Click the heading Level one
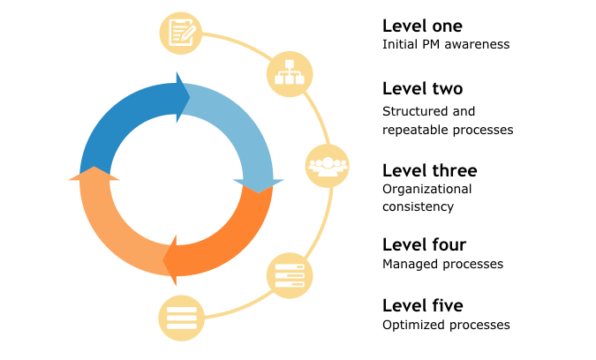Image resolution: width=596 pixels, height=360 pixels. (x=422, y=26)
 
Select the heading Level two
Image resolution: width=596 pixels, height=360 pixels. (x=422, y=89)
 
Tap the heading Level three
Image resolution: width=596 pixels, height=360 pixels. (x=429, y=170)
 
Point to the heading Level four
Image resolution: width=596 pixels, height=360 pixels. (x=424, y=244)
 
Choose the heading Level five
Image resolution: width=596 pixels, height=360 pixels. (x=422, y=305)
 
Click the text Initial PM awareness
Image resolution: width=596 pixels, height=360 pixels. (x=446, y=44)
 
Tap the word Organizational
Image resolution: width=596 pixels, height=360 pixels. (x=427, y=189)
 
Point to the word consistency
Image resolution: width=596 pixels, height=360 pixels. (x=418, y=206)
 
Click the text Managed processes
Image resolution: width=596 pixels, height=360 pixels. (x=442, y=264)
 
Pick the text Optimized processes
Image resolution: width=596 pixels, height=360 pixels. (x=446, y=325)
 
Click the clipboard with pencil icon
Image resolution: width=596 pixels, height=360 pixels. (x=182, y=33)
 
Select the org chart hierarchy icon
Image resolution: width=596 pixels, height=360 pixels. (x=289, y=73)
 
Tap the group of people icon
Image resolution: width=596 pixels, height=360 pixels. (x=328, y=165)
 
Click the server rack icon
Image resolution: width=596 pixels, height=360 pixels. (x=290, y=274)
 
